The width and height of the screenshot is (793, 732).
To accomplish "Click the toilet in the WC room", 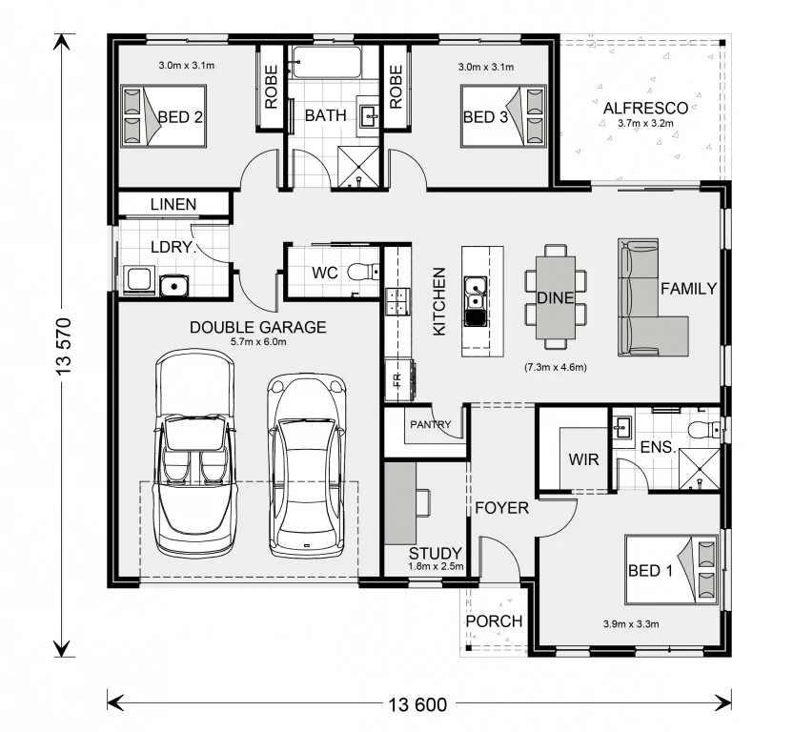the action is [x=363, y=272].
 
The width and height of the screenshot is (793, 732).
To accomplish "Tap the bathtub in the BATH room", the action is [x=327, y=62].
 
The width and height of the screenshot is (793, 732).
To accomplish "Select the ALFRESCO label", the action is [x=645, y=108].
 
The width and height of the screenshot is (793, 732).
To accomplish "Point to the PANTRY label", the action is [x=431, y=424].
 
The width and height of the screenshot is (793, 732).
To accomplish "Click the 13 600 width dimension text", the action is [x=417, y=704].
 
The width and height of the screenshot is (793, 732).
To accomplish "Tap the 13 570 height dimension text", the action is [x=64, y=346].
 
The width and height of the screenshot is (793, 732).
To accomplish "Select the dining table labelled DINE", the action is [x=556, y=297].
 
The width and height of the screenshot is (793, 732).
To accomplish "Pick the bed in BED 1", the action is [x=671, y=569].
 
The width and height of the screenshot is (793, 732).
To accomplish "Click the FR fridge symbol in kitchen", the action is [x=397, y=378].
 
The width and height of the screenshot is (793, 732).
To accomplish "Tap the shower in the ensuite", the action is [x=699, y=469].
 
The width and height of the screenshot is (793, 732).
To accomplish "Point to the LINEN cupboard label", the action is [x=173, y=204].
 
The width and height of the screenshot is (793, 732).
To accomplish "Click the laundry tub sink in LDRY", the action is [x=174, y=286].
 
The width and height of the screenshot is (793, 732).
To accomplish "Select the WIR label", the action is [x=583, y=459].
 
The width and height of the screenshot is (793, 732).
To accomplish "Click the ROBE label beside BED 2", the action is [x=271, y=87].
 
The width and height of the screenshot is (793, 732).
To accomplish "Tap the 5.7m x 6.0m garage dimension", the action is [x=258, y=342].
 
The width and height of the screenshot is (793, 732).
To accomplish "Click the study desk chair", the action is [x=423, y=502].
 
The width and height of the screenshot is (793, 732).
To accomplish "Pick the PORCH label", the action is [x=494, y=621].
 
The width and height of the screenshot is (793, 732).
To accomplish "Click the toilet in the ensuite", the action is [x=704, y=430].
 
